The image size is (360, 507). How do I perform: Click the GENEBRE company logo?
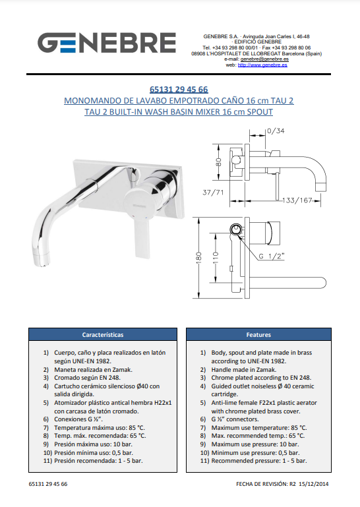click(x=107, y=43)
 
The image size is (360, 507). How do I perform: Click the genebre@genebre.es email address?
click(x=264, y=59)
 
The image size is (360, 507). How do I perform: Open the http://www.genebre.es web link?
click(x=262, y=65)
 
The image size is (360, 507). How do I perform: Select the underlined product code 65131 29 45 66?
click(x=179, y=89)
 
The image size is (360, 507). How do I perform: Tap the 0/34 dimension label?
click(x=276, y=131)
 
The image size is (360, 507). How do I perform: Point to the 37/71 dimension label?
click(x=213, y=193)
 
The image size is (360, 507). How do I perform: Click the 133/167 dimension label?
click(x=297, y=200)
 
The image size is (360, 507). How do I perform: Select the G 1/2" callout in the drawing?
click(x=272, y=256)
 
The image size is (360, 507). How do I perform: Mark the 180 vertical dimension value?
click(x=199, y=258)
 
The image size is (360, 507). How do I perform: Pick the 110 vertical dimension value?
click(x=216, y=258)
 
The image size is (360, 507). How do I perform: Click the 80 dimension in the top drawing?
click(x=219, y=162)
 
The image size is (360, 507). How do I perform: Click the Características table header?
click(x=103, y=335)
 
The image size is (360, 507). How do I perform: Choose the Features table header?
click(x=258, y=335)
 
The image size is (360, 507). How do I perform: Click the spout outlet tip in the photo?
click(x=42, y=260)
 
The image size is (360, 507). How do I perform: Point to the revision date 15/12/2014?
click(x=313, y=484)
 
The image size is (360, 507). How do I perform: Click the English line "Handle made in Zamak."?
click(x=243, y=370)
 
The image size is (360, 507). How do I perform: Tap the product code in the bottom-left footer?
click(x=48, y=484)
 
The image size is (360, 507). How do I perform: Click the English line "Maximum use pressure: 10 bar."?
click(x=255, y=444)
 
